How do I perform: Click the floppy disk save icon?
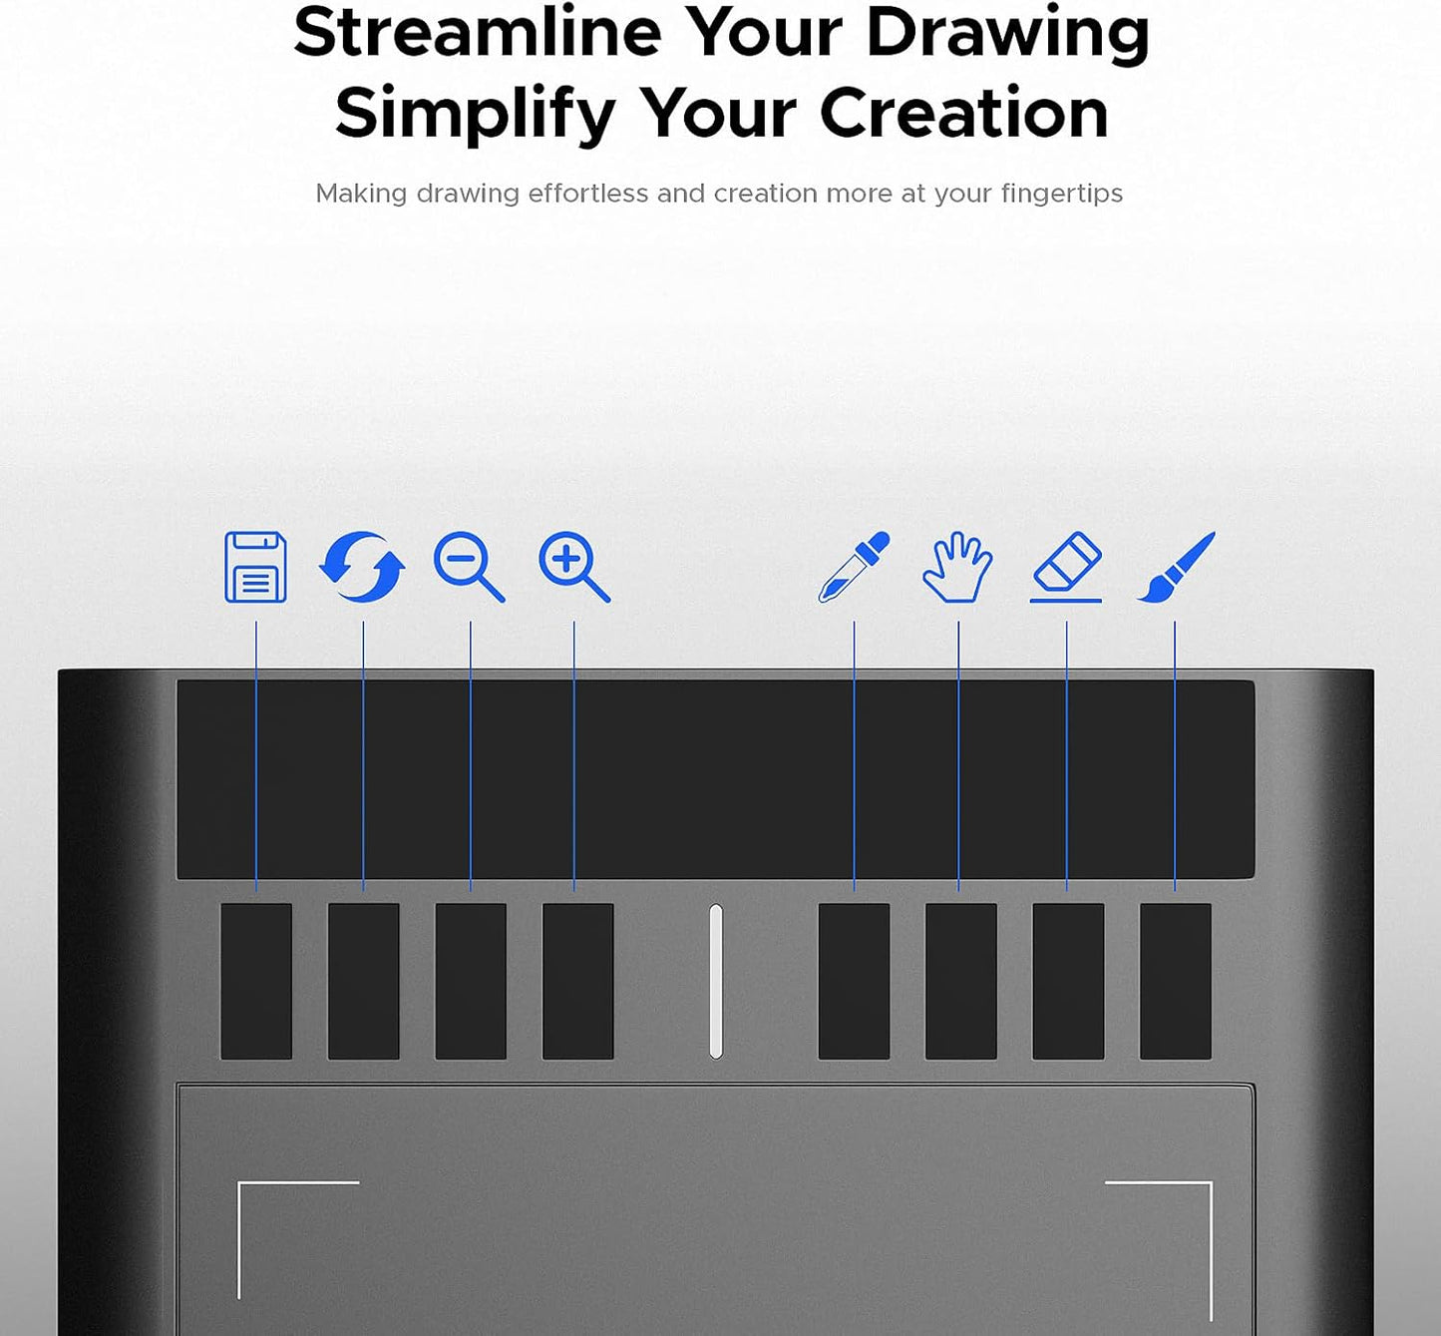pos(256,567)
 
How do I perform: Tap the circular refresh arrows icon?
pos(362,567)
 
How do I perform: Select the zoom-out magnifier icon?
pos(469,567)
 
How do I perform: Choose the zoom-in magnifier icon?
pos(573,567)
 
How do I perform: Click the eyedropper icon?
pos(854,567)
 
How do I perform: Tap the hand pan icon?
pos(957,567)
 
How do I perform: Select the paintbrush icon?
pos(1176,567)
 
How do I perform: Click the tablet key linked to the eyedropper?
pos(854,981)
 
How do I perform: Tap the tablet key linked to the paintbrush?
pos(1175,981)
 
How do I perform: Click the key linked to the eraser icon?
pos(1068,981)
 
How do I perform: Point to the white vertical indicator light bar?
pos(716,981)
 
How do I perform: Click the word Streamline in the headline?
pos(478,32)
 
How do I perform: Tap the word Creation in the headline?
pos(963,112)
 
